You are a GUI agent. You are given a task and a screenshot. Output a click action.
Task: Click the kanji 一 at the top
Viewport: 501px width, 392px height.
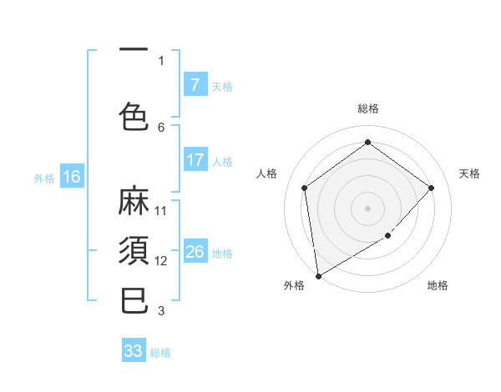point(134,49)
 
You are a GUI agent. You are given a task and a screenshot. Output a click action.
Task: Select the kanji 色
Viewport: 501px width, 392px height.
point(134,116)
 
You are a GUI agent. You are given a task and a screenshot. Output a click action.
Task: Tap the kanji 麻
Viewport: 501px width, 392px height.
point(134,201)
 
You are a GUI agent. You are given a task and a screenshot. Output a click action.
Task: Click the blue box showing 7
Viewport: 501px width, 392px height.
point(195,85)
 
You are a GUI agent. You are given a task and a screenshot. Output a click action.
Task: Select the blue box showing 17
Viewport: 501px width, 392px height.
point(195,160)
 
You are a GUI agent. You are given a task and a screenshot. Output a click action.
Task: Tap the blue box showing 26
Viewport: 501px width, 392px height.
point(195,252)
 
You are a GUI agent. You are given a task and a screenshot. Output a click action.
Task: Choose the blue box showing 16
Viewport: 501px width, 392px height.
point(71,177)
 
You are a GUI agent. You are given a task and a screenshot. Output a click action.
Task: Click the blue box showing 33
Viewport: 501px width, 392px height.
point(133,351)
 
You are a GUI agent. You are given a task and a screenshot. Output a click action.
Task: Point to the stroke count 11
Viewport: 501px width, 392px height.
point(161,210)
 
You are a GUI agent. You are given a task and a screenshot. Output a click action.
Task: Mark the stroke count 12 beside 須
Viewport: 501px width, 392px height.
point(161,260)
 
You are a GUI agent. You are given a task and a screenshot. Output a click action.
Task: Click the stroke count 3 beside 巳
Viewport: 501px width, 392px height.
point(161,311)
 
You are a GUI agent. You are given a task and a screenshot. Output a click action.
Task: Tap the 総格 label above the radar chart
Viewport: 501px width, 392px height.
point(367,108)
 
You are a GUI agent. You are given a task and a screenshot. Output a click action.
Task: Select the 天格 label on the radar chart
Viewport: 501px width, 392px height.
point(469,173)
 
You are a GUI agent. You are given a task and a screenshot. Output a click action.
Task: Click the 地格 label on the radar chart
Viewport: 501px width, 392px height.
point(438,285)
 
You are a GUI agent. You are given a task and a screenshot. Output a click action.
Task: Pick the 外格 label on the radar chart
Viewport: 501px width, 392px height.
point(294,285)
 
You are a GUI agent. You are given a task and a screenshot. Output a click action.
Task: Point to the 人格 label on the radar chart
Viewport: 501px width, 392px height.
point(267,173)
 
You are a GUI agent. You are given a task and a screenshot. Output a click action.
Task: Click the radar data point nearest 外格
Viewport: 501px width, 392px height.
point(318,275)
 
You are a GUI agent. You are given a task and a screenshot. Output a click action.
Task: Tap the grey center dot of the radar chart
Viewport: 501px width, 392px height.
point(367,208)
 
